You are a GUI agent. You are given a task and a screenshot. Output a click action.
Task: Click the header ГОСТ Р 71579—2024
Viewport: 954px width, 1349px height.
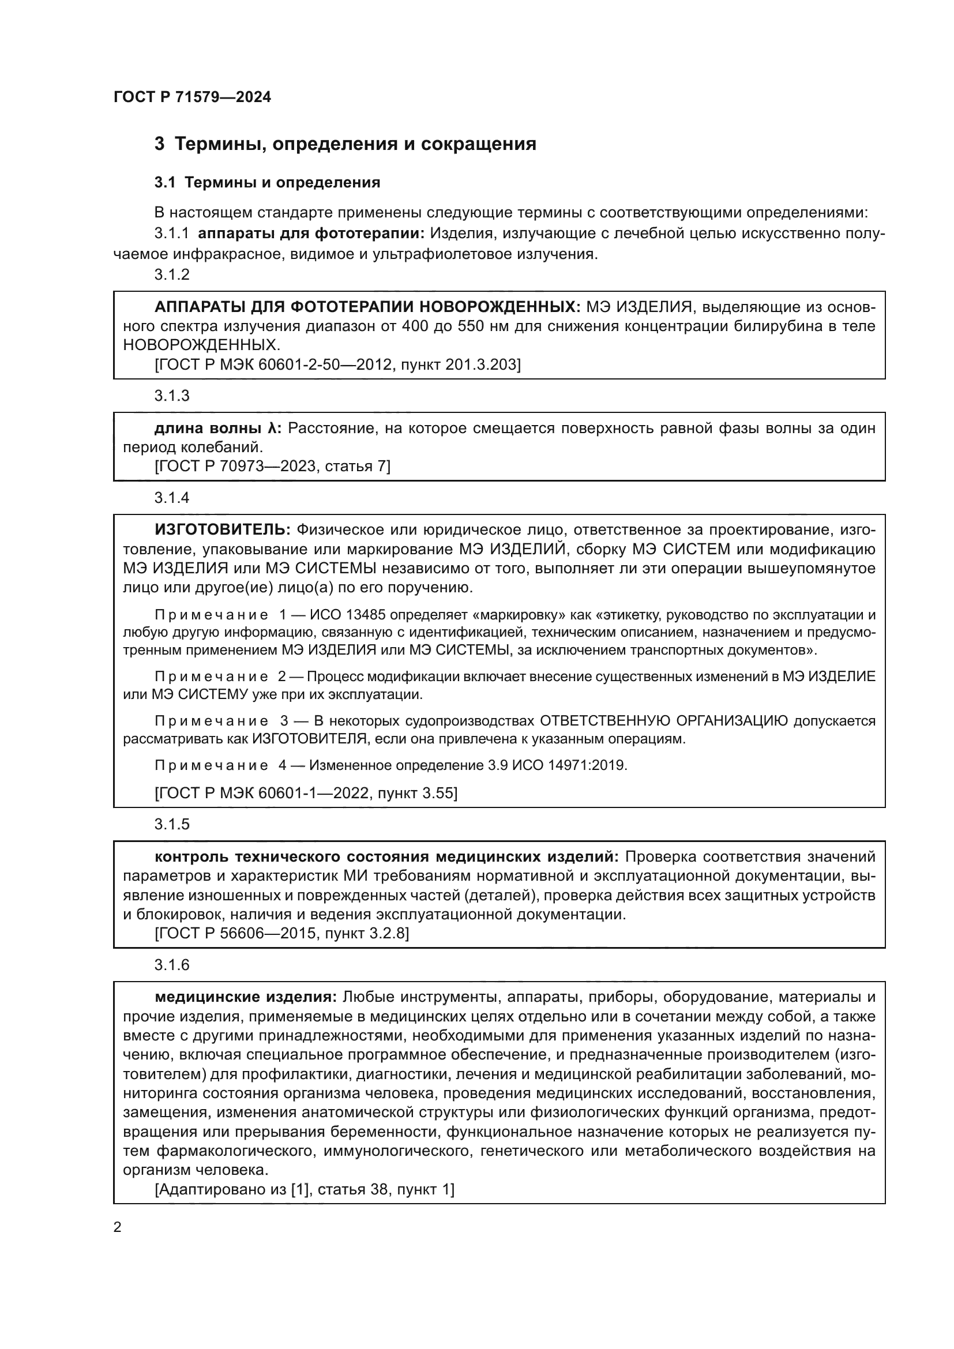pyautogui.click(x=192, y=97)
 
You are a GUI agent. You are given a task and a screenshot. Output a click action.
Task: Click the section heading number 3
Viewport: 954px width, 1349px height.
pyautogui.click(x=159, y=144)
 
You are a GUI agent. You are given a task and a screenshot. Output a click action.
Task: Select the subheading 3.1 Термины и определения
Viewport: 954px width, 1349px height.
pyautogui.click(x=267, y=183)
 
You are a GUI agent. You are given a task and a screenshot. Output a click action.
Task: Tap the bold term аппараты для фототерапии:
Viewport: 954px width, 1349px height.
pyautogui.click(x=311, y=234)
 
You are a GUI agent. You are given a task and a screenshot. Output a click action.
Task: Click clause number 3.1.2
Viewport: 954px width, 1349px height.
pyautogui.click(x=172, y=275)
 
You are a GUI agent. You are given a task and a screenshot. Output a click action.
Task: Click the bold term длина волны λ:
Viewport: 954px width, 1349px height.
pyautogui.click(x=218, y=429)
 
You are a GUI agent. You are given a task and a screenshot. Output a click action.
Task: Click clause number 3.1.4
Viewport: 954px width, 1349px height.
pyautogui.click(x=172, y=498)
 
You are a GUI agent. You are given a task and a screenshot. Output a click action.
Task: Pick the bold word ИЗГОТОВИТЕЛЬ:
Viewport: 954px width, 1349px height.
pyautogui.click(x=223, y=530)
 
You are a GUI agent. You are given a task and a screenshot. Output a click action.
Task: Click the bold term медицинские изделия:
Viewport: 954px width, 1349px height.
pyautogui.click(x=246, y=997)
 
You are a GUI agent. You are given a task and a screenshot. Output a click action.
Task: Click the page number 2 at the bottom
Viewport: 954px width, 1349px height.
pyautogui.click(x=118, y=1227)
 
